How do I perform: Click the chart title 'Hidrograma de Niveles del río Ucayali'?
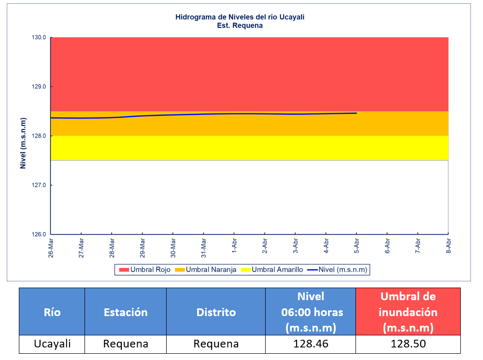click(x=240, y=17)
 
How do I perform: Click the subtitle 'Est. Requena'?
click(x=240, y=26)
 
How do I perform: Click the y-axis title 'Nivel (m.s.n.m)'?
click(x=23, y=136)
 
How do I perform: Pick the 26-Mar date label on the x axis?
click(x=51, y=248)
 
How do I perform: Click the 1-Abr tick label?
click(x=234, y=246)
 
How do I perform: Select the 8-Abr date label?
click(x=449, y=246)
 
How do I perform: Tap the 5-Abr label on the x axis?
click(x=356, y=246)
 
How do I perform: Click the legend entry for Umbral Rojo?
click(x=144, y=270)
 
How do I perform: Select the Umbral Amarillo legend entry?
click(x=272, y=270)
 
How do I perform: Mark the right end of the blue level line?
click(x=356, y=113)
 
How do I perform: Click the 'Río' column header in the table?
click(x=52, y=312)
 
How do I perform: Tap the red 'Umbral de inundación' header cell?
click(x=408, y=312)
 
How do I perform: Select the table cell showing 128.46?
click(x=310, y=344)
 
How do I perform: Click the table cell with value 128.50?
click(x=408, y=344)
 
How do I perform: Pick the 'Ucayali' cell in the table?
click(x=52, y=344)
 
